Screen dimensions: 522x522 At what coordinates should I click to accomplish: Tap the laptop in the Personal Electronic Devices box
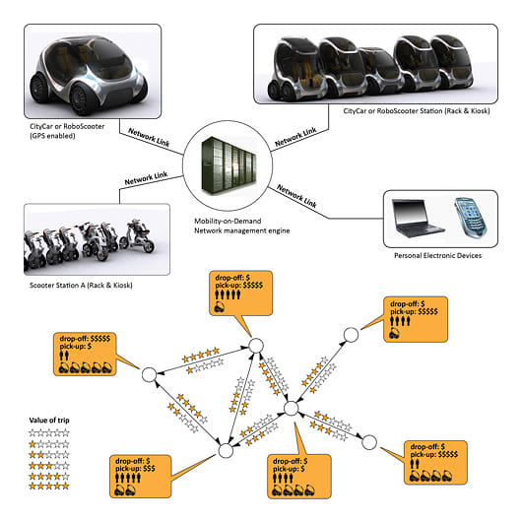(418, 218)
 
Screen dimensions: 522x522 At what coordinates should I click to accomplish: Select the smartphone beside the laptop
(471, 218)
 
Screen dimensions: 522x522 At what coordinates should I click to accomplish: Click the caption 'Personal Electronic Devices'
(437, 256)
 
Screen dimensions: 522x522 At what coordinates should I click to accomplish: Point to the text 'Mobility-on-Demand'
(228, 221)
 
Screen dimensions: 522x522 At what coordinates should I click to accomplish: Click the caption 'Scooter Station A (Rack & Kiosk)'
(81, 286)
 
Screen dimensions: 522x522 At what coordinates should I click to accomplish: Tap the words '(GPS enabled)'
(52, 136)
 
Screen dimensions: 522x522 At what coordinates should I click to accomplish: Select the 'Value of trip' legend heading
(49, 421)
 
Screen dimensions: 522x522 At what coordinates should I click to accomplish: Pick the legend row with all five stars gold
(49, 486)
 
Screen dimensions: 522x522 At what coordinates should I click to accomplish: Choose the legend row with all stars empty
(49, 432)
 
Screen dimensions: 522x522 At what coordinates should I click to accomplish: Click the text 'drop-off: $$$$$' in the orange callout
(85, 339)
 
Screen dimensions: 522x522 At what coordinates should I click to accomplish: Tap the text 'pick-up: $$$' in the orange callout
(135, 469)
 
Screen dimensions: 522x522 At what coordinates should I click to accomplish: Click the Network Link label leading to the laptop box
(296, 196)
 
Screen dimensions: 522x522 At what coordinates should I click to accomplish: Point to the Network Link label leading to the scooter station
(146, 178)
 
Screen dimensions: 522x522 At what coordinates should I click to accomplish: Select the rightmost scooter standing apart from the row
(137, 235)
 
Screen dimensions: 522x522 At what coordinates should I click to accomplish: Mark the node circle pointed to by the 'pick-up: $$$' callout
(226, 451)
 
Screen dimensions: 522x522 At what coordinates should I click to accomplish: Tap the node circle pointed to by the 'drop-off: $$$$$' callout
(150, 375)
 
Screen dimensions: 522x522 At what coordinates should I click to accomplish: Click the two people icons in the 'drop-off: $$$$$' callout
(64, 356)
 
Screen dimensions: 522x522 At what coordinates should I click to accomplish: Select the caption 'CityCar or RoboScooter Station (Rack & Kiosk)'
(417, 111)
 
